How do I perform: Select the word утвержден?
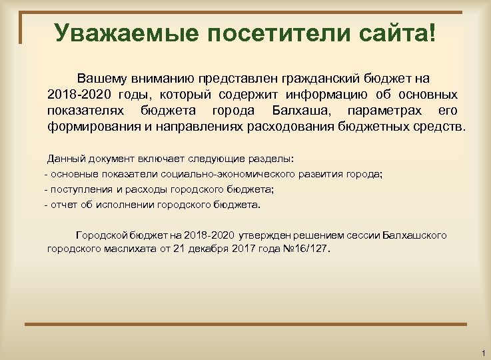tap(263, 235)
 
